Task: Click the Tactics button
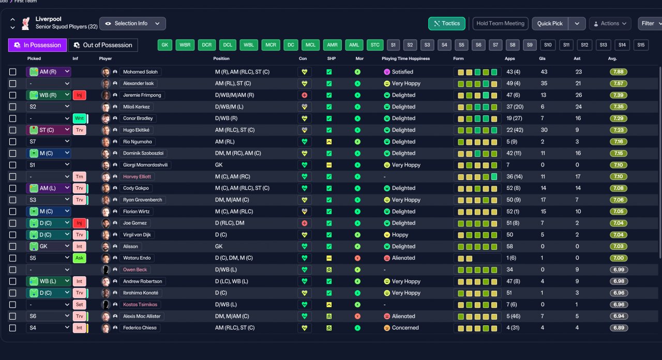click(x=446, y=24)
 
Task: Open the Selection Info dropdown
click(x=132, y=24)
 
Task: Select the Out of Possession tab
click(x=102, y=45)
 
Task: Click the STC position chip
click(x=375, y=45)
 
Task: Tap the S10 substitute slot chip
click(x=548, y=45)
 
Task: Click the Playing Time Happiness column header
click(x=405, y=58)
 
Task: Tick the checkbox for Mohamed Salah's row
click(x=13, y=72)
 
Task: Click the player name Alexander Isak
click(x=138, y=83)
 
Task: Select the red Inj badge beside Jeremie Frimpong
click(x=79, y=95)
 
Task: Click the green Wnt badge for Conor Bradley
click(x=79, y=118)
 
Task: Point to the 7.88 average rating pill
click(x=618, y=72)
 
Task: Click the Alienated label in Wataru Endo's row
click(x=403, y=258)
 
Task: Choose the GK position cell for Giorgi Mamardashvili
click(x=219, y=165)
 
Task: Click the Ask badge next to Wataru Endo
click(x=79, y=258)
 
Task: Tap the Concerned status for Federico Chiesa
click(x=405, y=328)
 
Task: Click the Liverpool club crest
click(x=26, y=24)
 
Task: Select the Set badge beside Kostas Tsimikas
click(x=79, y=305)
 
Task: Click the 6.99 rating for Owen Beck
click(x=619, y=270)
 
